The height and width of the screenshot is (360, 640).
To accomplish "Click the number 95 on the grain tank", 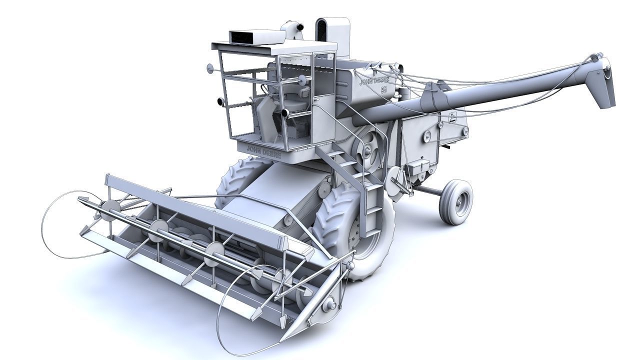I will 384,90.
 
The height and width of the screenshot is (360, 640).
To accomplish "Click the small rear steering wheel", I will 456,201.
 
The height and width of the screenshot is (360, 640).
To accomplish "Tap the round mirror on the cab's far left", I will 209,68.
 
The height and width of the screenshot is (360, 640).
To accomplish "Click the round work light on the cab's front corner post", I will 284,113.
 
